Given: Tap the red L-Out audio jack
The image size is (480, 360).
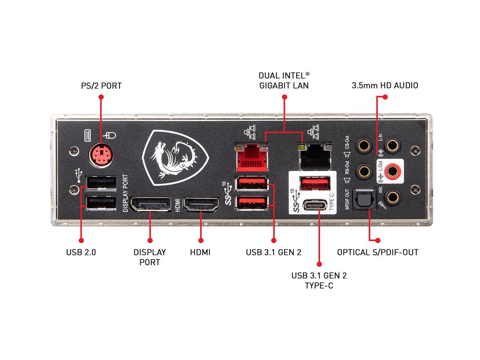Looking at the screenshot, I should [392, 171].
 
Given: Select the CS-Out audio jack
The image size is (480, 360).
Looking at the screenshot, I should [363, 144].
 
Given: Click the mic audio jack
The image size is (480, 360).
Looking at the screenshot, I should [392, 196].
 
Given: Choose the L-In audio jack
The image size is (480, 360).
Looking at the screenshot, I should [392, 144].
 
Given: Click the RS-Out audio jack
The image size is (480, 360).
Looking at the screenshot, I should [363, 171].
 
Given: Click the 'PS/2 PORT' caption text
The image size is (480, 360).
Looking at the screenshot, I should [101, 86].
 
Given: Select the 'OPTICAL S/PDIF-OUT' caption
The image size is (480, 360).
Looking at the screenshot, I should [377, 252].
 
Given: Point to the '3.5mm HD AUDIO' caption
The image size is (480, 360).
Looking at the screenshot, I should [385, 85].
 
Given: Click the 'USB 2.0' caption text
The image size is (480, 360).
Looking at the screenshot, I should [81, 252].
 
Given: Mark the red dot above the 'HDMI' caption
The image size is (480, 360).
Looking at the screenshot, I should [201, 240].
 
